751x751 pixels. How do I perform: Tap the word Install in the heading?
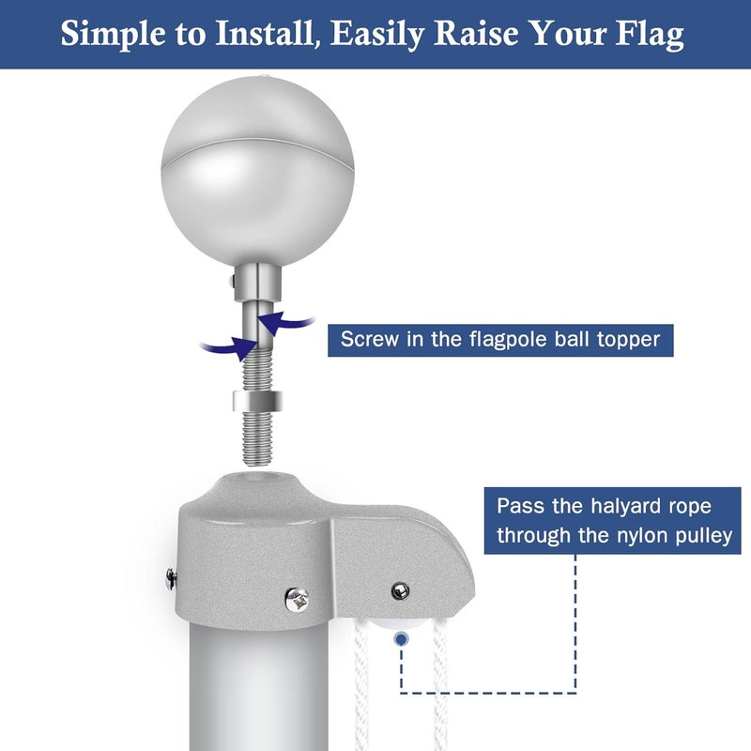(x=268, y=35)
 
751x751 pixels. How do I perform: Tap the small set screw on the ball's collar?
(x=227, y=279)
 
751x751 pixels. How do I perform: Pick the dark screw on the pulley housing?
(x=400, y=590)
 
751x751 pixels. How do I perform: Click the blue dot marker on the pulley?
(x=402, y=639)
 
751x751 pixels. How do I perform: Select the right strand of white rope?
(x=439, y=695)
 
